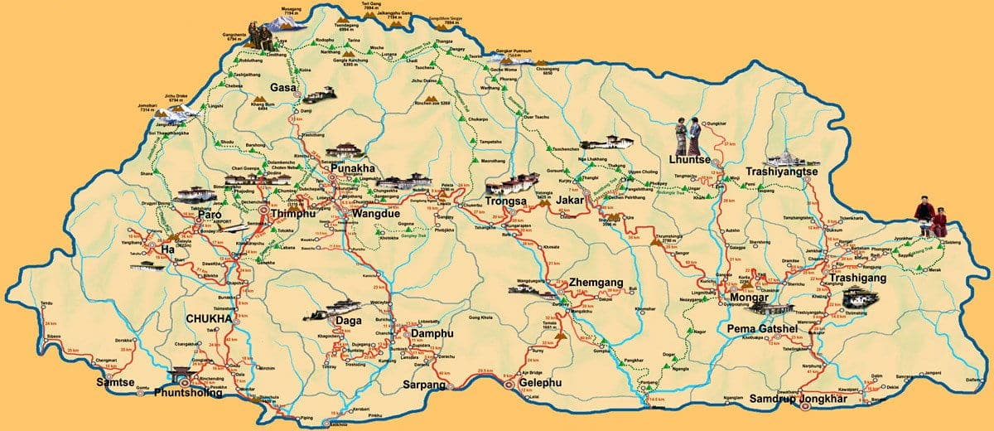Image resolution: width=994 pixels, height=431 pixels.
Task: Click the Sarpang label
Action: click(425, 385)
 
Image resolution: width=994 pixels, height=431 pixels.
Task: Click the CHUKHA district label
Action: click(207, 317)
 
